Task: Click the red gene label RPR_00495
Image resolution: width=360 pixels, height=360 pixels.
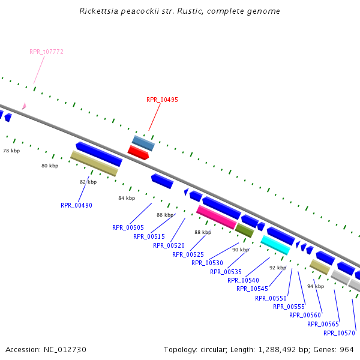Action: [x=162, y=100]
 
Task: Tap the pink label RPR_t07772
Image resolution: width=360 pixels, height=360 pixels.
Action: [x=46, y=52]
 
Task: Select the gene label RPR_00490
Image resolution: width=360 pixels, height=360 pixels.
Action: [x=76, y=205]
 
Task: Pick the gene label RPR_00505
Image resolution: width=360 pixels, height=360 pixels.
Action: [x=128, y=227]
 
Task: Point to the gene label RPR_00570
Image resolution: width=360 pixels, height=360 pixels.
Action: [x=339, y=333]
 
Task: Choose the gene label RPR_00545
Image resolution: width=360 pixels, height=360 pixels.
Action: [x=252, y=289]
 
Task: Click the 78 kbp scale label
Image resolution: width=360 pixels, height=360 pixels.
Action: [x=11, y=151]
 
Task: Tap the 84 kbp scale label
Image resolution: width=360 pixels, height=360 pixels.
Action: [x=127, y=198]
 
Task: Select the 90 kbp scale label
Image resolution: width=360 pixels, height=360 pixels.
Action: [x=241, y=250]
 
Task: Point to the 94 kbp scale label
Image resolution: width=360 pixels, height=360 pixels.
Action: [x=316, y=286]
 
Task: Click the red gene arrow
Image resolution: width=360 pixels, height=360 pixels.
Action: [x=138, y=152]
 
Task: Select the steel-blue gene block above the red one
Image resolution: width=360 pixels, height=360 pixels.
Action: [x=143, y=143]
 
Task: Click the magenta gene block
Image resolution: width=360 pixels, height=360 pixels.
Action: [x=217, y=217]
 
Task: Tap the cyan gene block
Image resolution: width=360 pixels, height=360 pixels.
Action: [x=275, y=244]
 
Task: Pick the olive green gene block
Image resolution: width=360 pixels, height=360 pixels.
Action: [x=244, y=229]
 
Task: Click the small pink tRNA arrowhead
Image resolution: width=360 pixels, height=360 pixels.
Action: [x=24, y=106]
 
